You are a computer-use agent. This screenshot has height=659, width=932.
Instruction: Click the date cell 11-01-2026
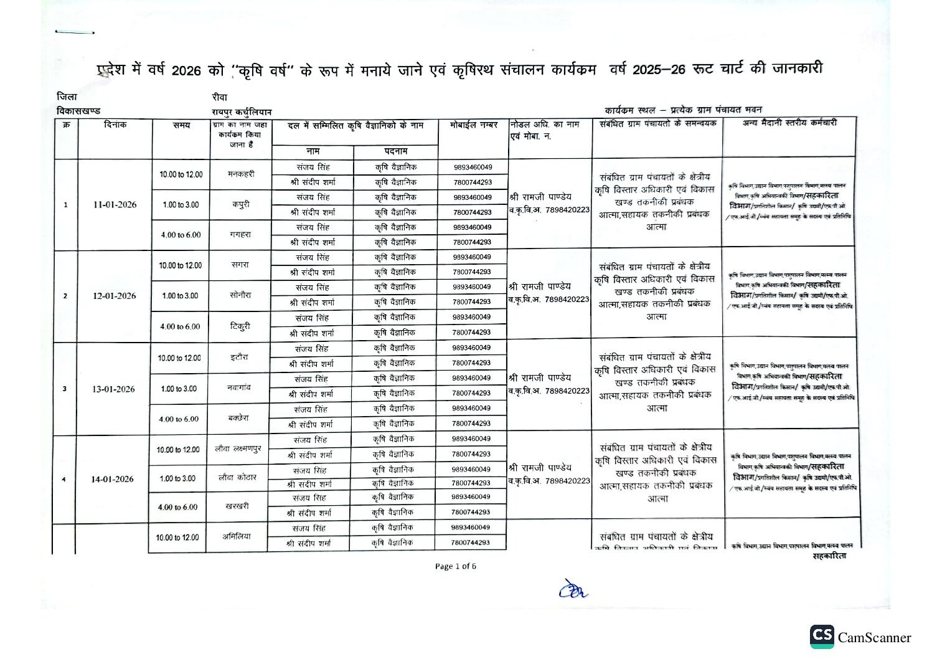point(115,205)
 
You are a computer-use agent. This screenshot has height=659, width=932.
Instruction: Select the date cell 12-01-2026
point(114,296)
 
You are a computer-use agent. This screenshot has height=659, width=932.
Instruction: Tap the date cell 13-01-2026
point(113,389)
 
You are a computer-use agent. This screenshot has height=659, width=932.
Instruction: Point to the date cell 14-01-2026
point(112,479)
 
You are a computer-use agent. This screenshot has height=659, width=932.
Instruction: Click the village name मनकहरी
point(241,174)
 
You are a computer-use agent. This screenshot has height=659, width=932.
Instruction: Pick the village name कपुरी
point(241,204)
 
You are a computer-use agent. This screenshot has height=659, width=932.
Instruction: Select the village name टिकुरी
point(240,326)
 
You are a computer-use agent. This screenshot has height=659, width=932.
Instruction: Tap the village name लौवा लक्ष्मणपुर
point(238,449)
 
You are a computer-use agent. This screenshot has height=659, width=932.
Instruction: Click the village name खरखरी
point(237,506)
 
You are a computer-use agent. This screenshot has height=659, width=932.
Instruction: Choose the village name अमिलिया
point(237,536)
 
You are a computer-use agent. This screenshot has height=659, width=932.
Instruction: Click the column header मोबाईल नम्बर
point(474,125)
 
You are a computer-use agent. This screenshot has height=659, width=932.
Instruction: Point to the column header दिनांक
point(115,125)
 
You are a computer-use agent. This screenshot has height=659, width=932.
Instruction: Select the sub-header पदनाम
point(396,151)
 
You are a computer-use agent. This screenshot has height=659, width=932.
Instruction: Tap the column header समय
point(181,125)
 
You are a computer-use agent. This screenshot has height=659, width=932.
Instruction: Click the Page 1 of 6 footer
point(456,566)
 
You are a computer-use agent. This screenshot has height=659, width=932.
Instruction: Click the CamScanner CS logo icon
point(822,636)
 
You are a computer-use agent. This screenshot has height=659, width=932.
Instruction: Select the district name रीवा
point(219,97)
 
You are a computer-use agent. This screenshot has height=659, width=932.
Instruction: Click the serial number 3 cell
point(64,389)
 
